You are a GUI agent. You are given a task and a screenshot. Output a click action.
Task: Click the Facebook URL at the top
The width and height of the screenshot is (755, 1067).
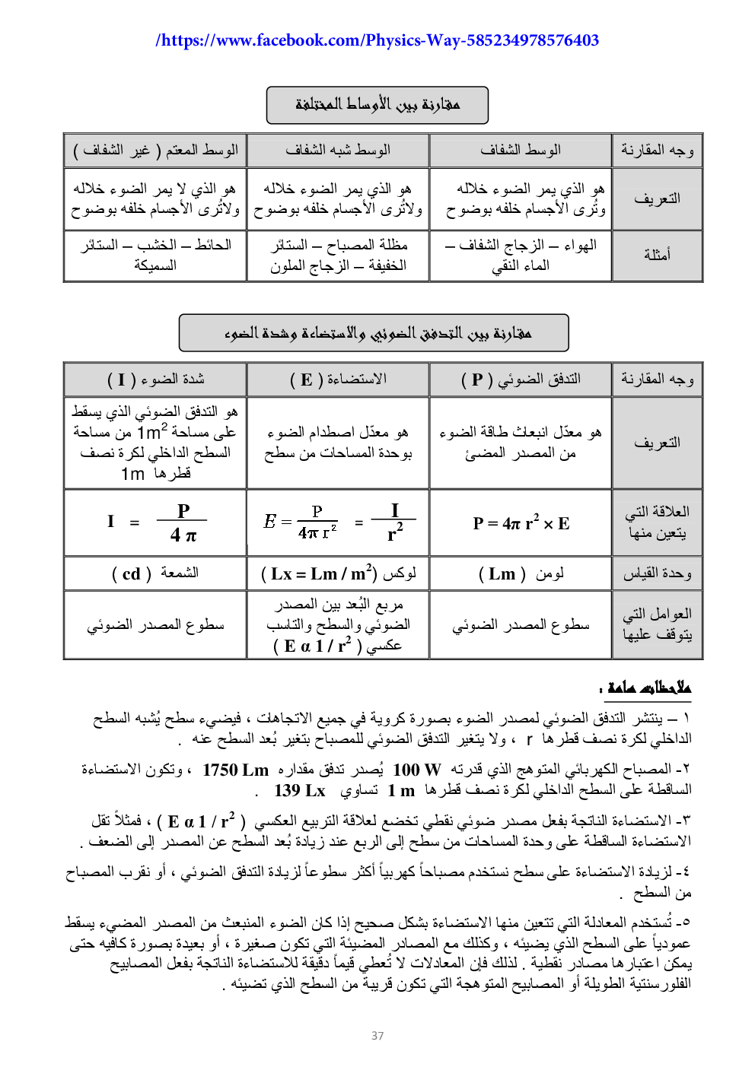coord(377,40)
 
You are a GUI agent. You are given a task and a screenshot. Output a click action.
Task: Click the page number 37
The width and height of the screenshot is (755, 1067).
coord(377,1035)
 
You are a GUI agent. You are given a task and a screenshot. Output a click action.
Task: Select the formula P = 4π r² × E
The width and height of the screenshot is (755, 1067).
coord(521,523)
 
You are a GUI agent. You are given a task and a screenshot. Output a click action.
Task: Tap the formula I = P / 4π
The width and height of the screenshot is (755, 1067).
coord(155,522)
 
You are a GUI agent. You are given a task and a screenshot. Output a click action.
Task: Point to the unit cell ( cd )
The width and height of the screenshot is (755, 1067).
coord(155,573)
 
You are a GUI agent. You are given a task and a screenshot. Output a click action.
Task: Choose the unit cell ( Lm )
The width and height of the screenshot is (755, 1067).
coord(521,573)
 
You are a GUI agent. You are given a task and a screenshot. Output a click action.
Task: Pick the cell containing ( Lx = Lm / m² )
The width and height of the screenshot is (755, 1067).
coord(338,573)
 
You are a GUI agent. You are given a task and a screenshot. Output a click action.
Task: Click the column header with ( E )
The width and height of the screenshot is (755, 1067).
coord(338,379)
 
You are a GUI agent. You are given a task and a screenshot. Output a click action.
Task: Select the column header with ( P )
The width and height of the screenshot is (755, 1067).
coord(521,379)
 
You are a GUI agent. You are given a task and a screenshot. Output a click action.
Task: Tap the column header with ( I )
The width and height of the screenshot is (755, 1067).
coord(155,379)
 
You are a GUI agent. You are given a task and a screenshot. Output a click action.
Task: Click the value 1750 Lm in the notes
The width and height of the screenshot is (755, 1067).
coord(235,770)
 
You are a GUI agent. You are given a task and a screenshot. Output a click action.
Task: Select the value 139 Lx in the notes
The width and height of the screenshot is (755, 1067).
coord(299,790)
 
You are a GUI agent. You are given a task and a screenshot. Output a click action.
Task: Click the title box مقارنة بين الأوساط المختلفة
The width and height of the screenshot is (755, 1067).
coord(377,105)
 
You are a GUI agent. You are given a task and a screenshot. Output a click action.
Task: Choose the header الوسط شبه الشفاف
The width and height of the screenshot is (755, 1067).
coord(338,150)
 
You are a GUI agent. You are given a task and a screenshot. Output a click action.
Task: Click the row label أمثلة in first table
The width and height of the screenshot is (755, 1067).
coord(657,255)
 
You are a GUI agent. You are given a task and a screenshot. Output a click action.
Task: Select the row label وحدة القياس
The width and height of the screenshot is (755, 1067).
coord(657,573)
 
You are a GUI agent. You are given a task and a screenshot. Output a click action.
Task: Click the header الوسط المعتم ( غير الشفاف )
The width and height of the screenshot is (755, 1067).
coord(155,150)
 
